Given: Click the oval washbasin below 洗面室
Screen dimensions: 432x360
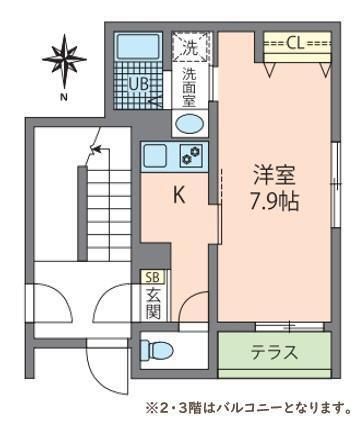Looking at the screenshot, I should (190, 124).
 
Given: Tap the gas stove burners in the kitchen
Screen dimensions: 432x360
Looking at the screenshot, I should (190, 155).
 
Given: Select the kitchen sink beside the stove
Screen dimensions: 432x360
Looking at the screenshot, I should (157, 155).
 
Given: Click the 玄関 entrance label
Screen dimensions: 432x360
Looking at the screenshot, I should (153, 303).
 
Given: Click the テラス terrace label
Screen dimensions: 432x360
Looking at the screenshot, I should (273, 352).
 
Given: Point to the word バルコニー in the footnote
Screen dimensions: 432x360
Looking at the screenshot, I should (262, 407).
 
